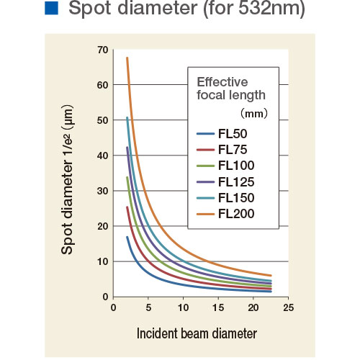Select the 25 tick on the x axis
(287, 308)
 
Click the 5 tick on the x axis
(148, 308)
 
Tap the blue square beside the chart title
(51, 11)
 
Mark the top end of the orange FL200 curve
(127, 58)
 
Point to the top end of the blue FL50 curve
(127, 237)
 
